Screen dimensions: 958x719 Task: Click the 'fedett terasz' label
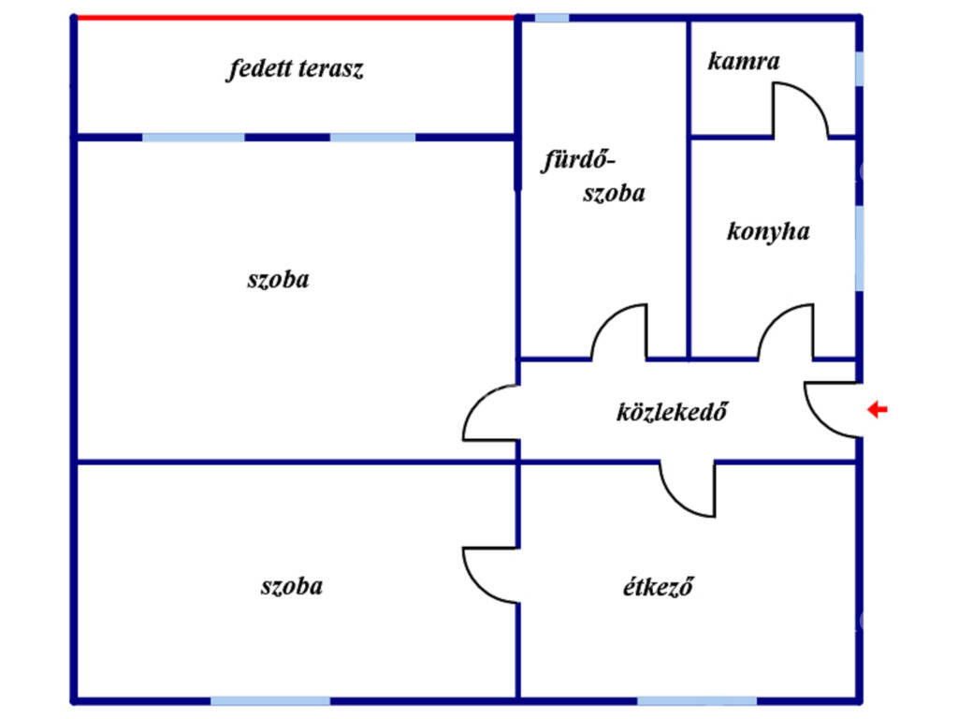click(x=295, y=68)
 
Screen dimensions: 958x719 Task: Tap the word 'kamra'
click(x=744, y=61)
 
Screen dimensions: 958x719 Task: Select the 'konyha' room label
click(x=768, y=232)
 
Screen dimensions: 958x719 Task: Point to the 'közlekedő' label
click(x=672, y=412)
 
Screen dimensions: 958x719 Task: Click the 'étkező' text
click(x=658, y=586)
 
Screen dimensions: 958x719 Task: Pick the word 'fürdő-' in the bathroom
click(x=578, y=161)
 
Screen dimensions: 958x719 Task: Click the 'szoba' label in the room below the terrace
click(x=278, y=280)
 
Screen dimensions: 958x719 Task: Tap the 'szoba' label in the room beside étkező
click(x=292, y=586)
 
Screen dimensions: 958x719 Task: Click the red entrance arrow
click(x=878, y=409)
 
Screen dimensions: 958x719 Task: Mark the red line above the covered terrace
click(x=296, y=18)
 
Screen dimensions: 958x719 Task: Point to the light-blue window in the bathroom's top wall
click(x=552, y=18)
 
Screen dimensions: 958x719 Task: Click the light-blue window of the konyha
click(x=859, y=247)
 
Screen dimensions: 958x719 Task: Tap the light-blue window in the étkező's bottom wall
click(x=697, y=700)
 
